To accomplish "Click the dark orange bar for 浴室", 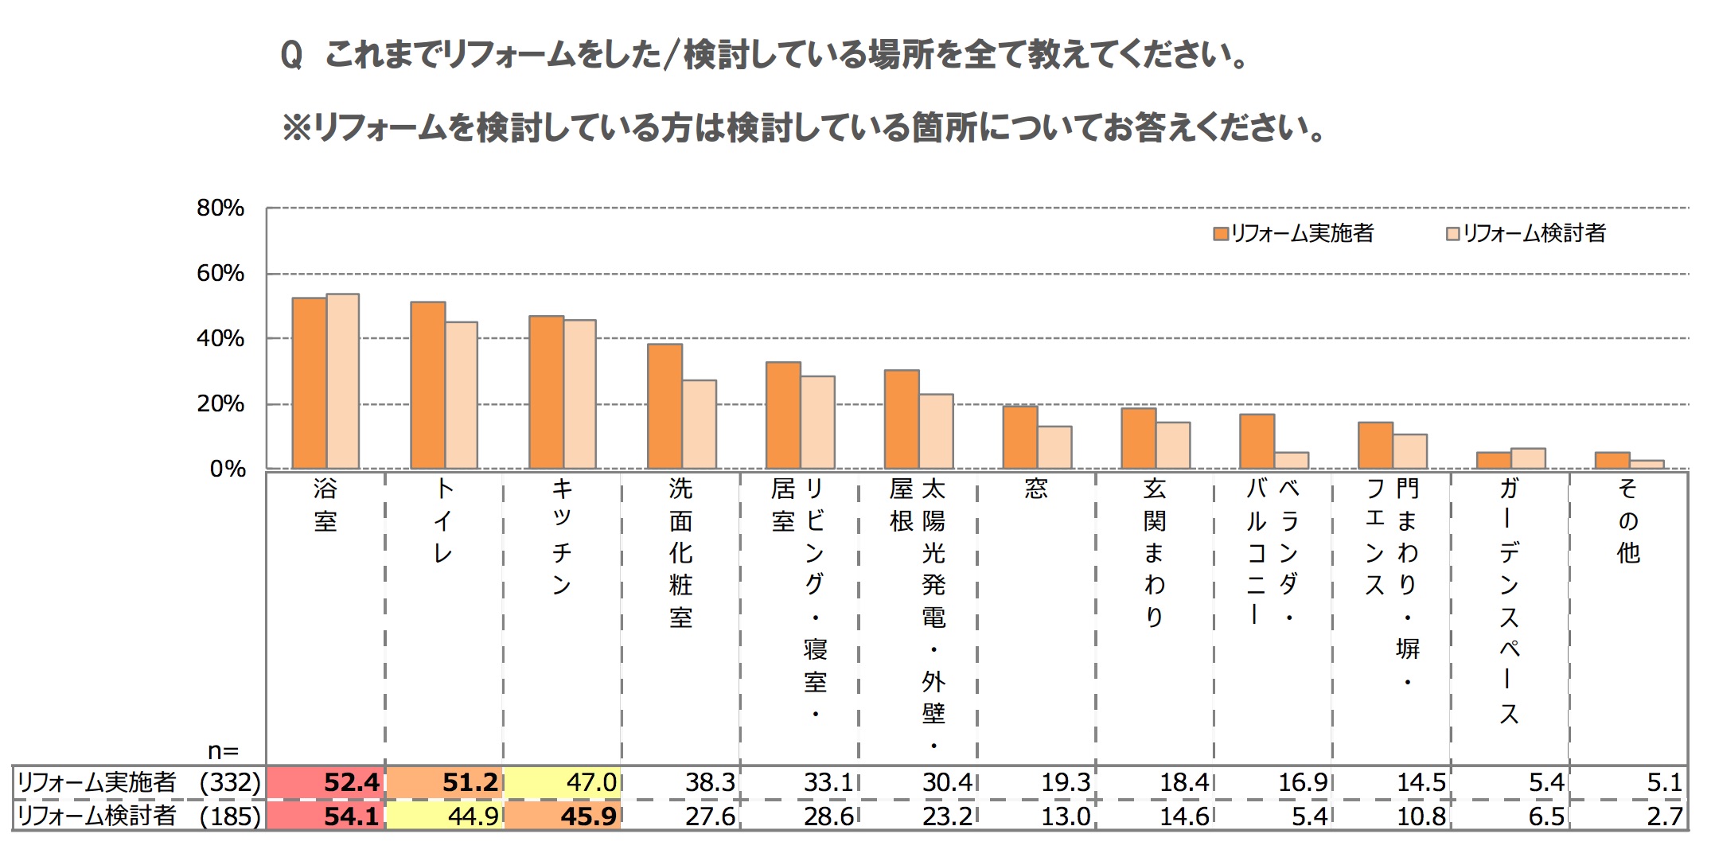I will [309, 383].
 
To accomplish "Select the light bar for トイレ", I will [462, 395].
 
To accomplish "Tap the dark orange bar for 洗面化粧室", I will [665, 406].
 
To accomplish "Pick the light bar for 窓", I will [1054, 447].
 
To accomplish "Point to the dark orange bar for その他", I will [1612, 460].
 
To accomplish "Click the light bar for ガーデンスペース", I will [1528, 458].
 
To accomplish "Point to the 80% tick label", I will [220, 208].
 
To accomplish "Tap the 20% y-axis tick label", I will [220, 404].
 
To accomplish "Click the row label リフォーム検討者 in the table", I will [96, 816].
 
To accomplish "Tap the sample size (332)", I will [230, 782].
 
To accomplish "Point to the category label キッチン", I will [562, 536].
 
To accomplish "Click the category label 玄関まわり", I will [1154, 552].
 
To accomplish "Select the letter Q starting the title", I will [291, 55].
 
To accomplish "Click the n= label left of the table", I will [223, 750].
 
